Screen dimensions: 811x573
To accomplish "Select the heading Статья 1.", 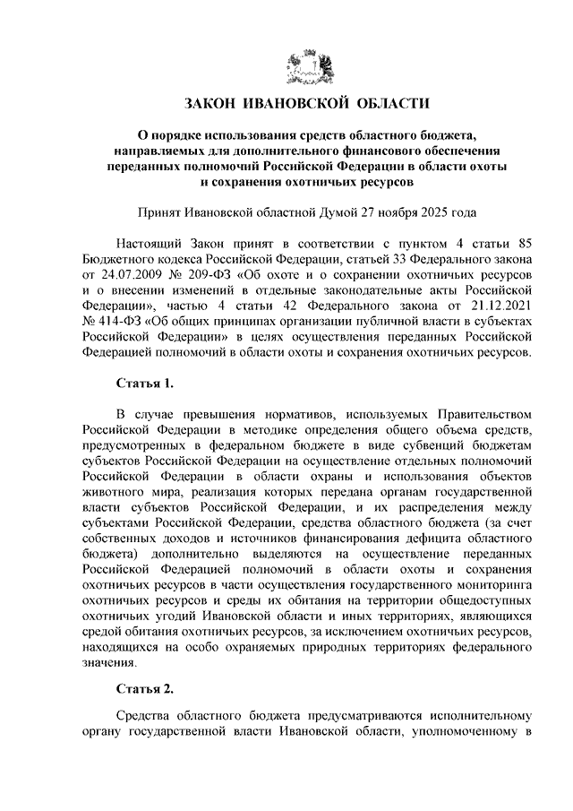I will coord(145,384).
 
